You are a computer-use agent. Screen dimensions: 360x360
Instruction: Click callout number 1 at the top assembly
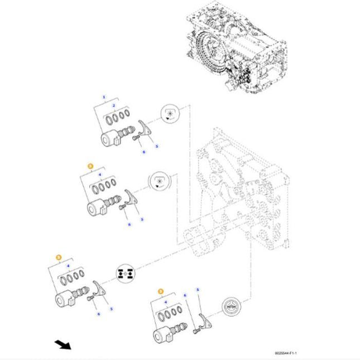point(103,97)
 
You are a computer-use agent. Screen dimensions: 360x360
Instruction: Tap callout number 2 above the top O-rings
point(113,105)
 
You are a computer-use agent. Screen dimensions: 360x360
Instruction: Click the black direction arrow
point(63,344)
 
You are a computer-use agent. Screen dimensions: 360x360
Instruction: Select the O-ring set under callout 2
point(118,117)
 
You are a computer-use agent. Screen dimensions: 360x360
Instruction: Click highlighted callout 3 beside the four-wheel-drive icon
point(58,257)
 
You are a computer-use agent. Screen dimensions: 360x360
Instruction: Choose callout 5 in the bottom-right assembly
point(197,290)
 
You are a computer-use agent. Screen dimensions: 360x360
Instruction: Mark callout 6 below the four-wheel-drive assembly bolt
point(99,314)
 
